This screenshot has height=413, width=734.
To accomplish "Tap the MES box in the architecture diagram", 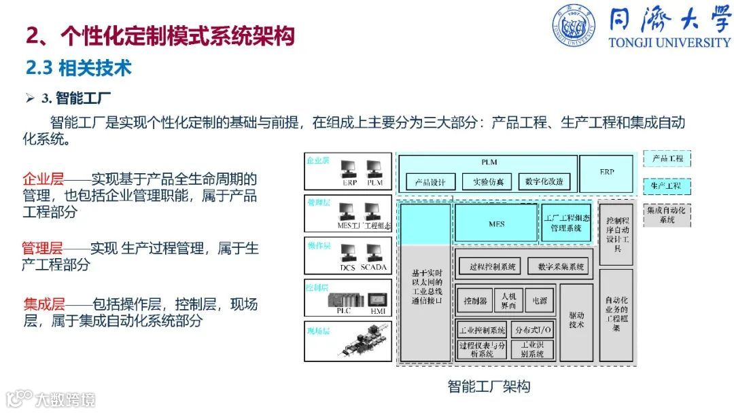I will (496, 223).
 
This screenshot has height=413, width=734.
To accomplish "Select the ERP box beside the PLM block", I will (606, 173).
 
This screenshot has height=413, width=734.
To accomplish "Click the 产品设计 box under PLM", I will (430, 182).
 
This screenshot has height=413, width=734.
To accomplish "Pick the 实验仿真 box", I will (487, 182).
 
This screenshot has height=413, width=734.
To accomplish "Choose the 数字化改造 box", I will (544, 182).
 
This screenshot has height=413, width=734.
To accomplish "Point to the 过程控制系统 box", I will (492, 266).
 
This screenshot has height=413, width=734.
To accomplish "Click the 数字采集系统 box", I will (560, 266).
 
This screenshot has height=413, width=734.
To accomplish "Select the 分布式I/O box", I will (534, 330).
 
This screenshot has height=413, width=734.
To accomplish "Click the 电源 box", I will (540, 300).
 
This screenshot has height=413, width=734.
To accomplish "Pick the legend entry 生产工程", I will (667, 185).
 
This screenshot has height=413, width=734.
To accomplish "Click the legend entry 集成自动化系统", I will (667, 215).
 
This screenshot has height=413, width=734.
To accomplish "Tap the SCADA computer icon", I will (373, 255).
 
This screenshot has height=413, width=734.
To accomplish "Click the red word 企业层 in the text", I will (43, 179).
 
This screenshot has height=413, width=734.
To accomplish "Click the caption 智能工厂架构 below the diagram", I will (489, 387).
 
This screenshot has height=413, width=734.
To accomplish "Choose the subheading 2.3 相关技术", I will (78, 68).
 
